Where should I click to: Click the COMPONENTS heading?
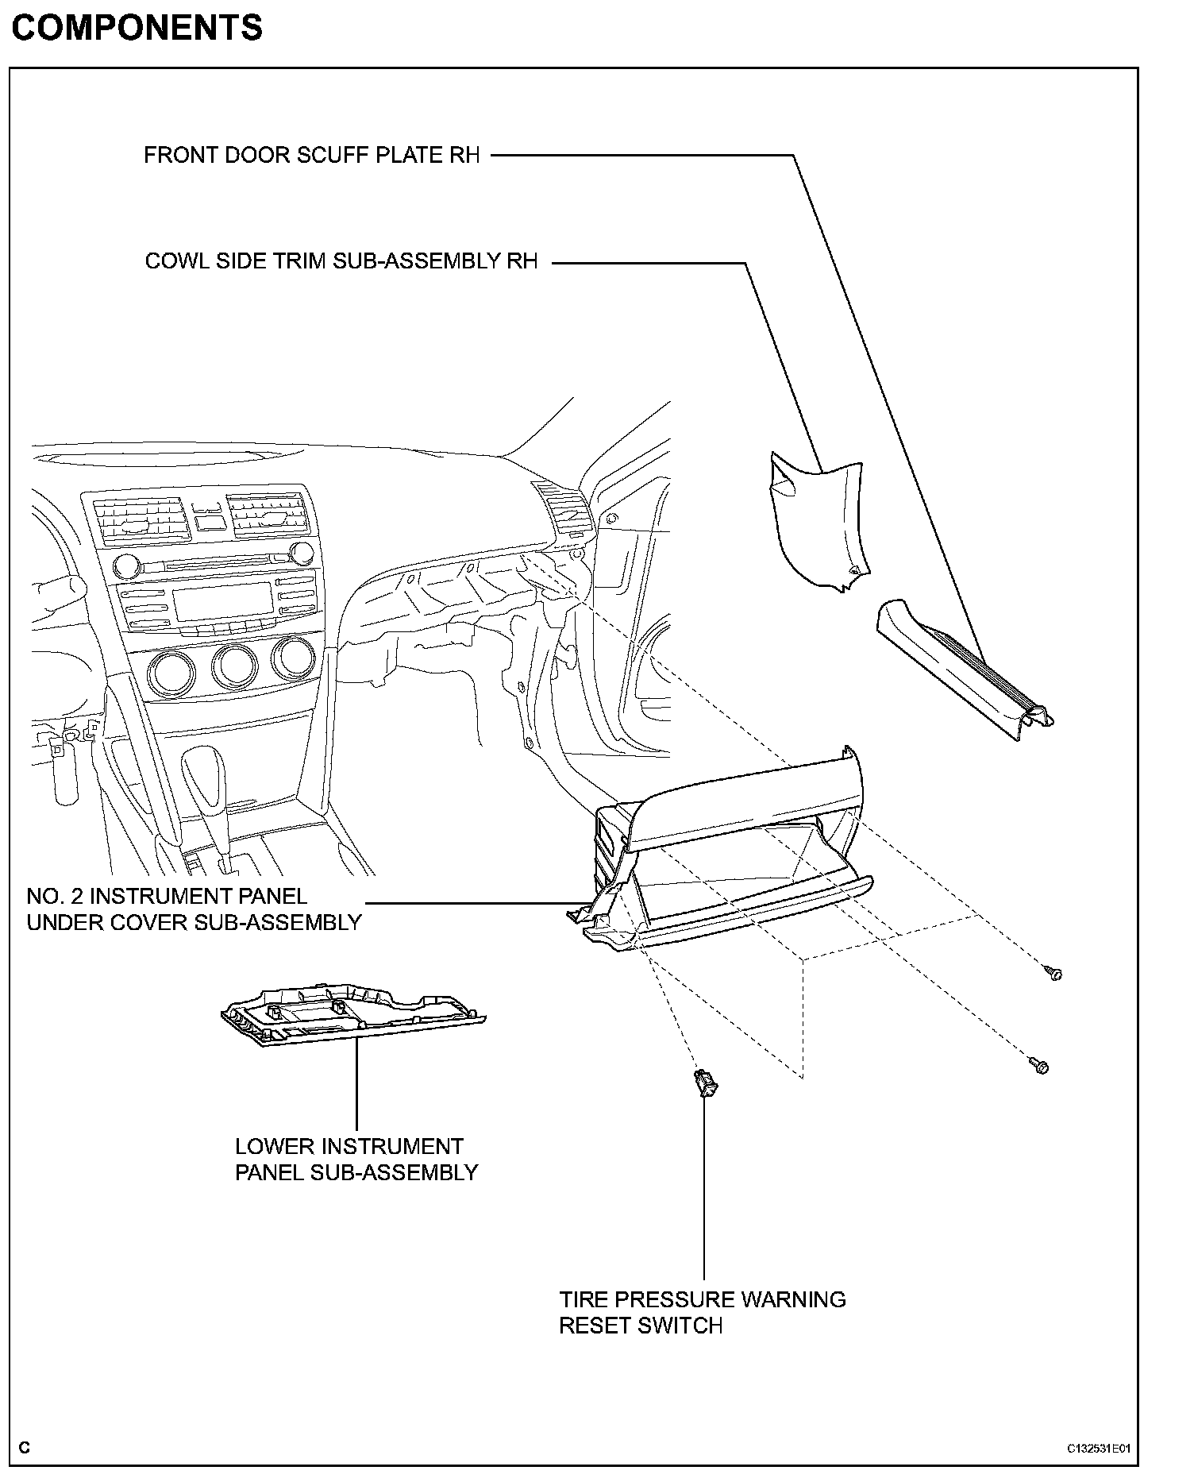click(x=137, y=28)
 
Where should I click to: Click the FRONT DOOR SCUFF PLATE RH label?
click(x=312, y=155)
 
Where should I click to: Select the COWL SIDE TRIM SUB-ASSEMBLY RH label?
click(x=341, y=261)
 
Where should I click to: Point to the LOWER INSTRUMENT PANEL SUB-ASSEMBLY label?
click(x=356, y=1159)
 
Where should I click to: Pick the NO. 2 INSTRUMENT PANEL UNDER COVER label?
click(x=194, y=909)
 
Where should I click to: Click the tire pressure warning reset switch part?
click(x=704, y=1082)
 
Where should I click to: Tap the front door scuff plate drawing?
click(x=965, y=671)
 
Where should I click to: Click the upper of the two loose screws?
click(x=1053, y=973)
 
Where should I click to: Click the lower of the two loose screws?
click(x=1039, y=1066)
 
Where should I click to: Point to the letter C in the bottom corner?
click(x=25, y=1447)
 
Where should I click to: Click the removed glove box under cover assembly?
click(x=730, y=858)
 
